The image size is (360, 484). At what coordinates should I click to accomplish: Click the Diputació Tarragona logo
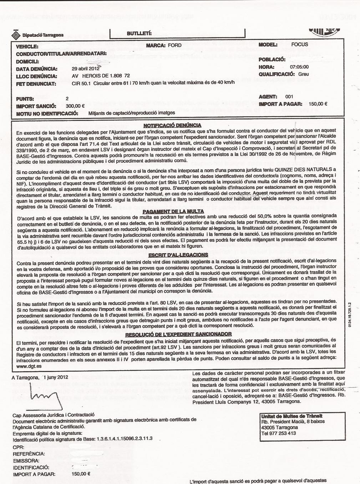(x=38, y=35)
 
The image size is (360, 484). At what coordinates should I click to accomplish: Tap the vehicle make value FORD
(x=174, y=45)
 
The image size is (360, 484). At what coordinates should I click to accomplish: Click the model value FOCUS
(x=300, y=45)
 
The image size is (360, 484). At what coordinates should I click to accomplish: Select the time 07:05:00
(x=299, y=67)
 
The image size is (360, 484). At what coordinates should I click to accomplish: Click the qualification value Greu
(x=303, y=74)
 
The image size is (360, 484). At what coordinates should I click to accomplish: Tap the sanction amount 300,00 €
(x=75, y=106)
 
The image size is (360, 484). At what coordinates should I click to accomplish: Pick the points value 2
(x=67, y=98)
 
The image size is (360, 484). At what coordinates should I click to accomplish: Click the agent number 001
(x=289, y=97)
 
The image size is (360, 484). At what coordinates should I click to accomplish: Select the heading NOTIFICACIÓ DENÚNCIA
(x=172, y=125)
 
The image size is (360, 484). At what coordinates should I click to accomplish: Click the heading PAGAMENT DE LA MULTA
(x=173, y=211)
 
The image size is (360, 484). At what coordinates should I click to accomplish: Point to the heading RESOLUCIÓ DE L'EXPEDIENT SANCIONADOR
(x=178, y=334)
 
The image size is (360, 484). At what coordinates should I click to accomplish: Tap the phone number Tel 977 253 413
(x=278, y=433)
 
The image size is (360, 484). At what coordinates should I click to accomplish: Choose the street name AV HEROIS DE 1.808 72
(x=101, y=76)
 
